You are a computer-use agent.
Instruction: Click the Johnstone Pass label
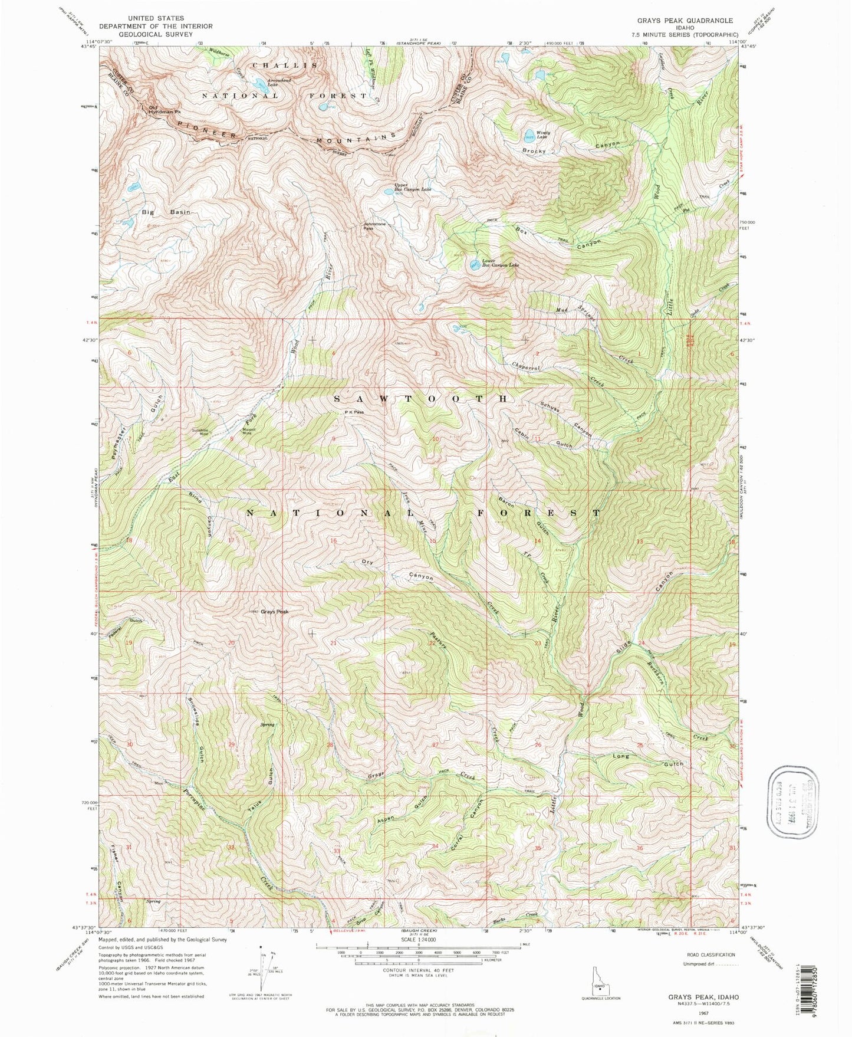point(375,227)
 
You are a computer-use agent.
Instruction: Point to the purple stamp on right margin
point(795,800)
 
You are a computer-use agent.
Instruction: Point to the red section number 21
point(333,643)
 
